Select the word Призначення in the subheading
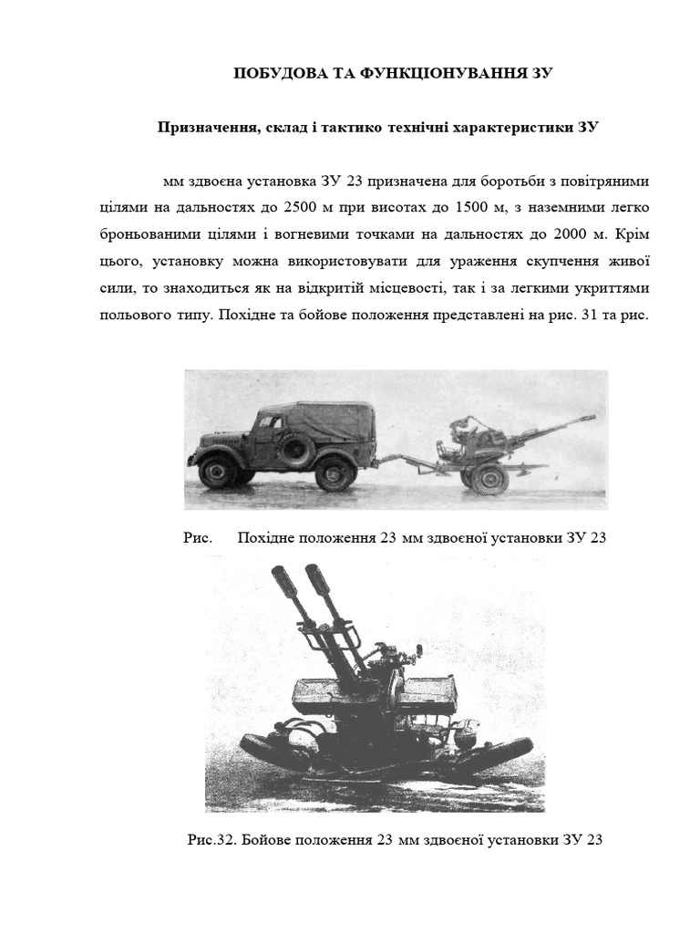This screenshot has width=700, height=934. pyautogui.click(x=203, y=127)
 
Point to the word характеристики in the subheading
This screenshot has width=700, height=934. pyautogui.click(x=516, y=127)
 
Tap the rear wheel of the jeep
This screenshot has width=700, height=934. pyautogui.click(x=335, y=473)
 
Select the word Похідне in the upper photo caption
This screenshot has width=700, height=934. pyautogui.click(x=265, y=537)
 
